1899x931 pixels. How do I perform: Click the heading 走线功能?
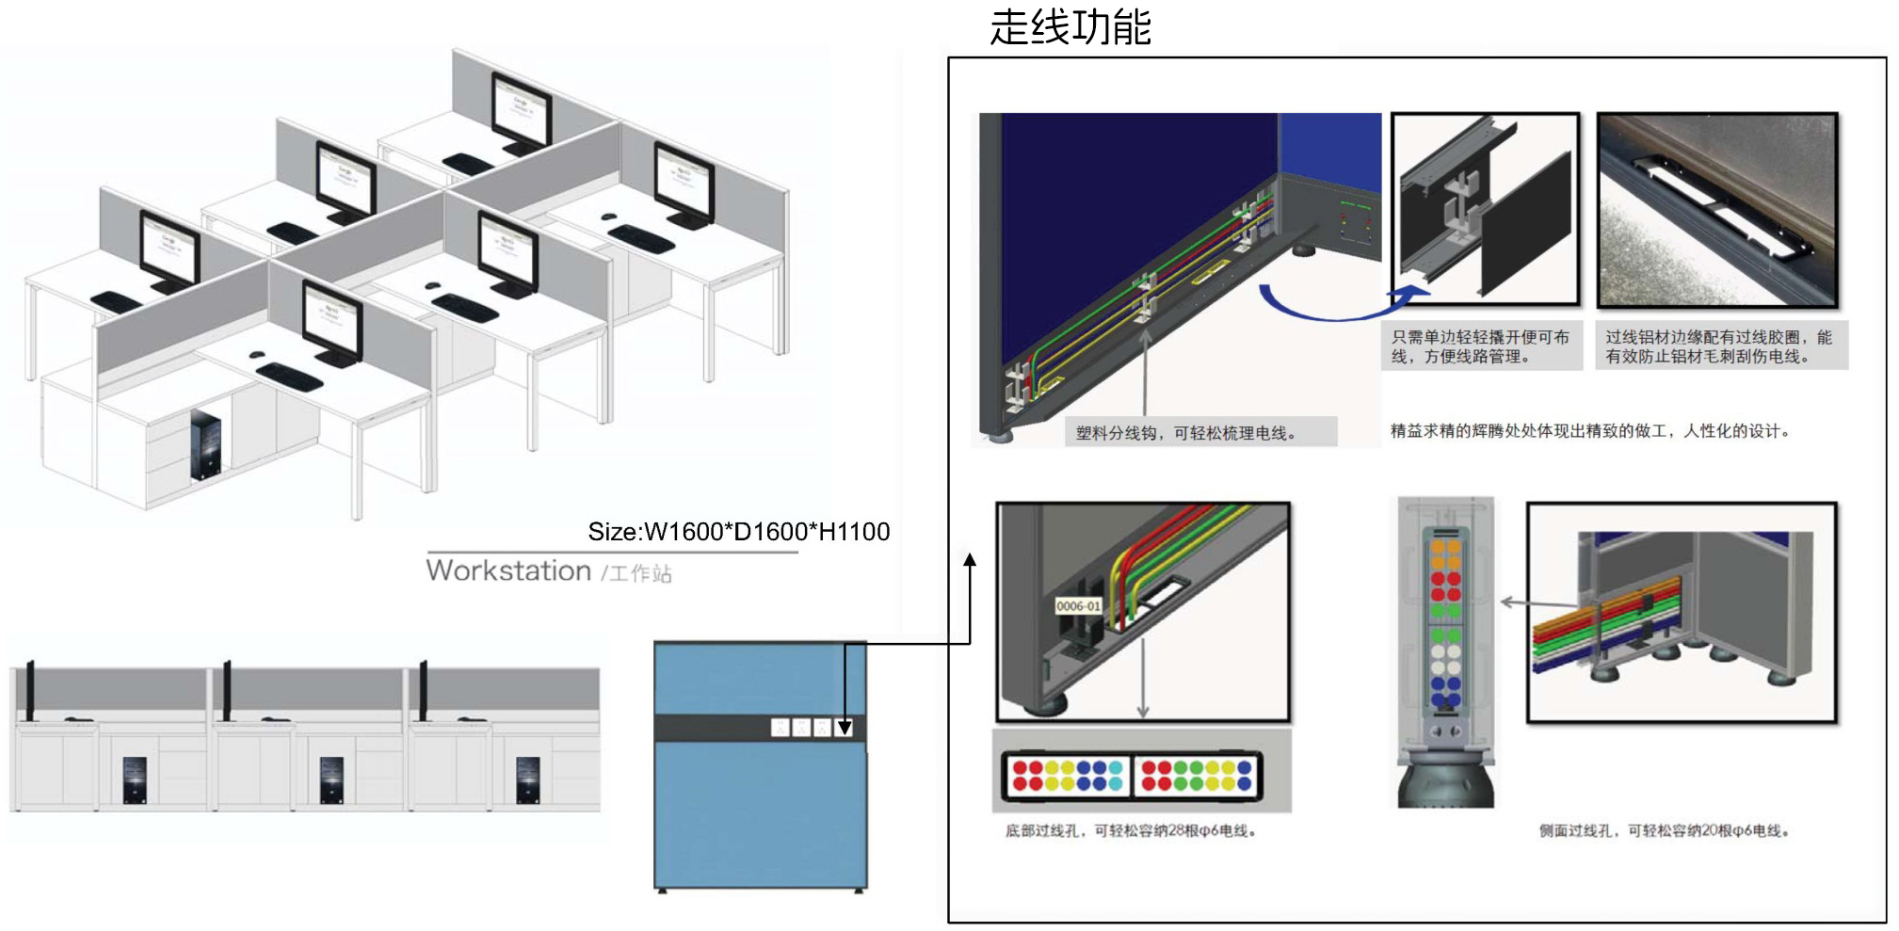point(1070,26)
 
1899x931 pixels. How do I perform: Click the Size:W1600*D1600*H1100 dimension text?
point(738,532)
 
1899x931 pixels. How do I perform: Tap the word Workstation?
point(508,570)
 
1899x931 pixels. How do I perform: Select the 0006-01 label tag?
point(1078,606)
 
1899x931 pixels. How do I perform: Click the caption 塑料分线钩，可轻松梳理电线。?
point(1185,433)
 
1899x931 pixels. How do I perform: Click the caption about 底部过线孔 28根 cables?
point(1131,831)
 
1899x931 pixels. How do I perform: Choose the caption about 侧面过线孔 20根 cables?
point(1664,831)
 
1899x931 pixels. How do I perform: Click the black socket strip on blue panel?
point(760,728)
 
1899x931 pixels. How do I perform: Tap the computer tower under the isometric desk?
point(206,444)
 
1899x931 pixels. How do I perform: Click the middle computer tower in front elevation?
point(331,779)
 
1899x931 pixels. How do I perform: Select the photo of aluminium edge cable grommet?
point(1716,210)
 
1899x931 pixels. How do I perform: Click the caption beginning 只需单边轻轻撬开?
point(1481,346)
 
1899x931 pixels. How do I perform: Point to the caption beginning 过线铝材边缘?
point(1719,346)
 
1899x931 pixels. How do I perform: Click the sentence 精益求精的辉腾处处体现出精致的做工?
point(1589,431)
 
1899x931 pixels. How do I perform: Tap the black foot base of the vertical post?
point(1445,779)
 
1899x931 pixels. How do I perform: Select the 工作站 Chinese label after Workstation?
point(639,573)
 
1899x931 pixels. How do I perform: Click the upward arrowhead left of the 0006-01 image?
point(970,560)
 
